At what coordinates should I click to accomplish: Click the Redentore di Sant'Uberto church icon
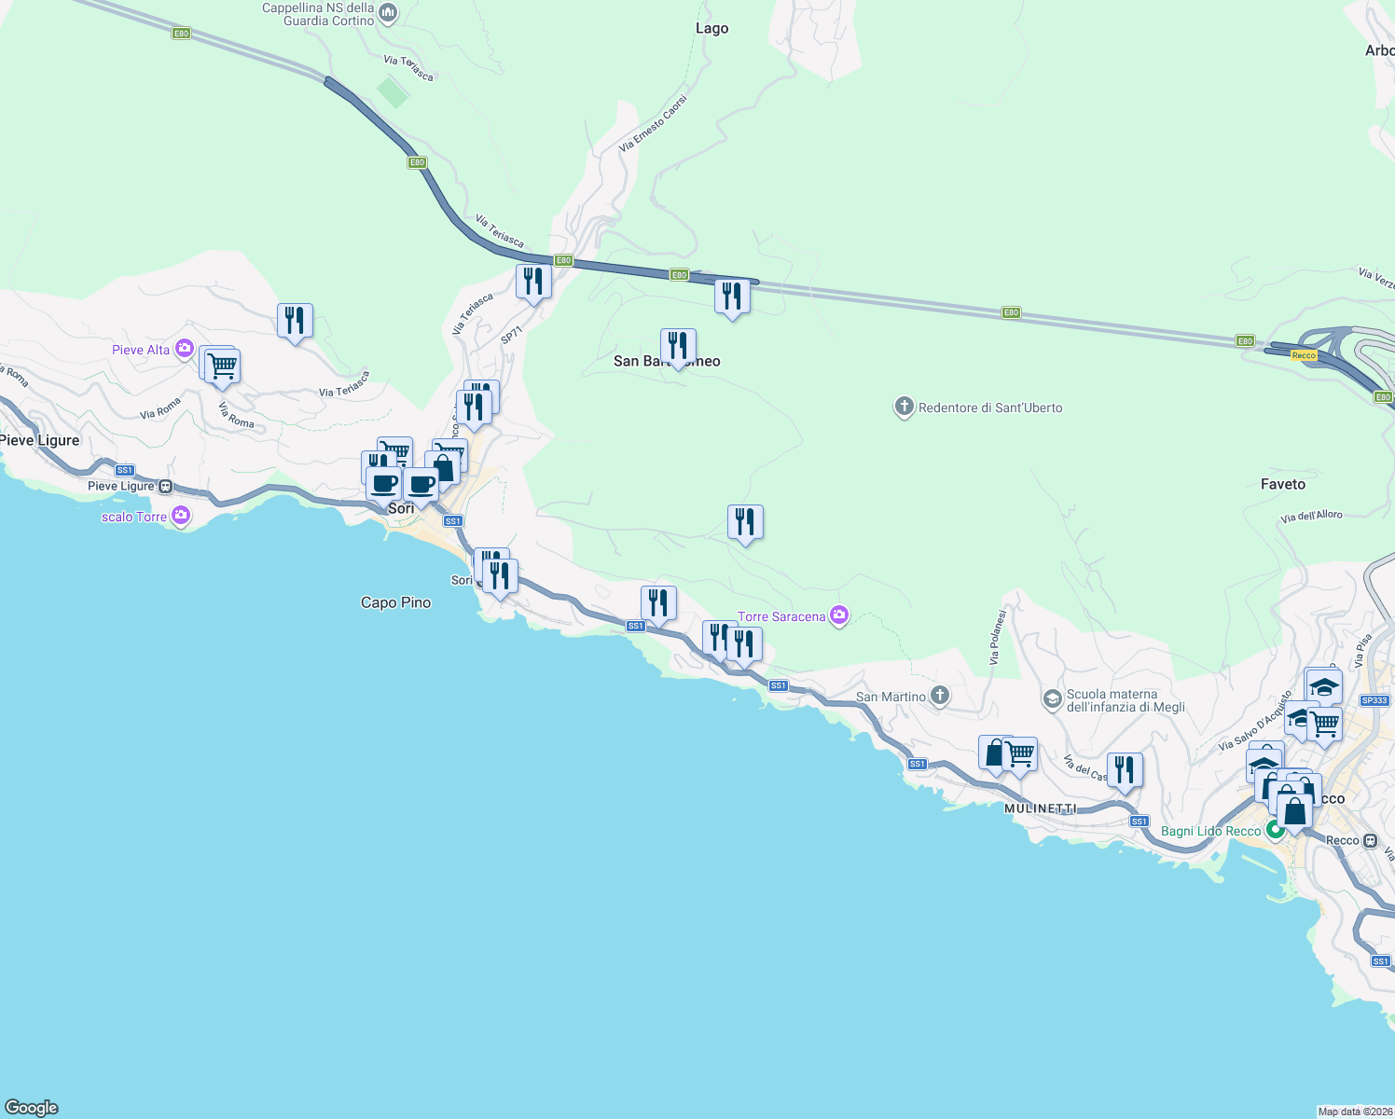pyautogui.click(x=904, y=408)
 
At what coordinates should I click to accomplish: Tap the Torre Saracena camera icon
pyautogui.click(x=839, y=615)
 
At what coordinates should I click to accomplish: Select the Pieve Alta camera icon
pyautogui.click(x=184, y=350)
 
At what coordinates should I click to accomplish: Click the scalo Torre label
pyautogui.click(x=134, y=517)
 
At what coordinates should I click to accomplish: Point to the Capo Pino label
pyautogui.click(x=395, y=602)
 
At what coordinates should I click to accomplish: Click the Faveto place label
pyautogui.click(x=1282, y=484)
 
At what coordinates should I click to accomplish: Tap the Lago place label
pyautogui.click(x=711, y=28)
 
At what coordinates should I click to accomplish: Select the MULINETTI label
pyautogui.click(x=1040, y=808)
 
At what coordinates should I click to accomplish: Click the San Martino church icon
pyautogui.click(x=940, y=696)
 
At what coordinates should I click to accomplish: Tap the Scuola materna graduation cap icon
pyautogui.click(x=1052, y=699)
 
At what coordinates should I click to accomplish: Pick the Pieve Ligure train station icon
pyautogui.click(x=166, y=486)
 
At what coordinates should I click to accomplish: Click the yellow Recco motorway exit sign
pyautogui.click(x=1304, y=355)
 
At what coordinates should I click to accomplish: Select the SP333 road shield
pyautogui.click(x=1374, y=700)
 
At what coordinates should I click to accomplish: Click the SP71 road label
pyautogui.click(x=511, y=336)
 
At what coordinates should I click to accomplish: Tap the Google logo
pyautogui.click(x=32, y=1108)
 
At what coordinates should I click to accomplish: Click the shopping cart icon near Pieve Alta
pyautogui.click(x=222, y=366)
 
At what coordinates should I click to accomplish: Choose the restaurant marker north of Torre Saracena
pyautogui.click(x=745, y=522)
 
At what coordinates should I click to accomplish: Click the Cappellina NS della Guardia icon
pyautogui.click(x=389, y=14)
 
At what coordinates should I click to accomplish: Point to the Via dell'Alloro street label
pyautogui.click(x=1311, y=517)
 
